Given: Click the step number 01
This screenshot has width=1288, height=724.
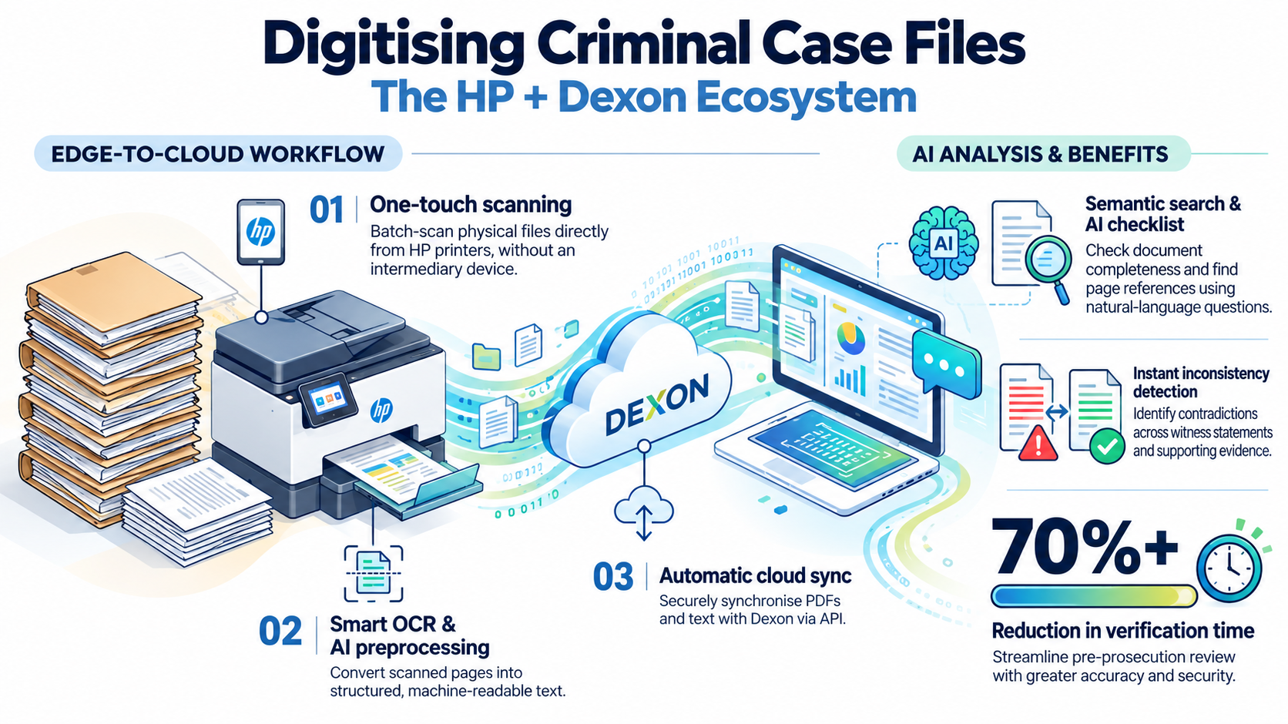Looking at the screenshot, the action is (x=327, y=210).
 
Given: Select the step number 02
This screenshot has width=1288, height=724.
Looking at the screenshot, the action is (x=280, y=631).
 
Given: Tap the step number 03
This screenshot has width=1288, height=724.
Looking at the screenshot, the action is (x=613, y=577).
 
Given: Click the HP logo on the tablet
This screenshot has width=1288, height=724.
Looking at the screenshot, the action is (x=260, y=232).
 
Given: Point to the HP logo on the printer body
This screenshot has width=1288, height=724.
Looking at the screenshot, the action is (x=381, y=410).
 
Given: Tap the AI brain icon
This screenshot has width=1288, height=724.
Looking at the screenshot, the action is (x=943, y=243).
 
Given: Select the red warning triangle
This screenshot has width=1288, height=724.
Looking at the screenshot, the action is (x=1038, y=444).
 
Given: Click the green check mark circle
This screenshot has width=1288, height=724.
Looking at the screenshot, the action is (x=1107, y=446).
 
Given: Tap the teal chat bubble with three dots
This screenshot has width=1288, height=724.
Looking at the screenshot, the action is (x=946, y=364).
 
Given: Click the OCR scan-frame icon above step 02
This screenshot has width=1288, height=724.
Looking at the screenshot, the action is (x=373, y=573).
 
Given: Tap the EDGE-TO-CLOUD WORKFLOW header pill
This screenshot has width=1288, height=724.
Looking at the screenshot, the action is (x=218, y=153).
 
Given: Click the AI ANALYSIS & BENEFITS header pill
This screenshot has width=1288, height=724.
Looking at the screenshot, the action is (x=1043, y=153).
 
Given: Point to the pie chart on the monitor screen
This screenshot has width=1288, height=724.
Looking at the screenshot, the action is (x=851, y=340).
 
